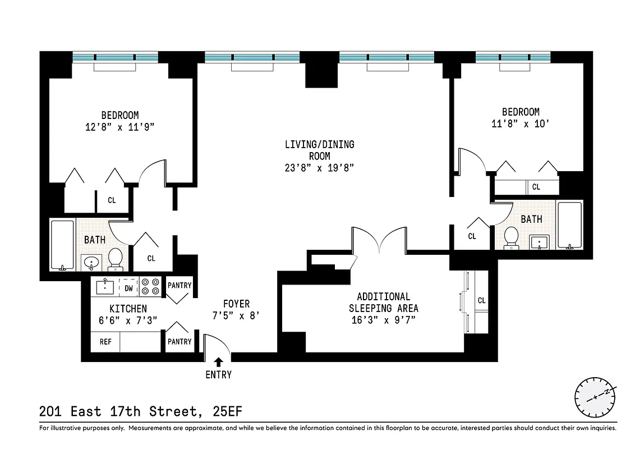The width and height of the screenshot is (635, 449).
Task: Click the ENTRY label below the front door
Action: pos(218,375)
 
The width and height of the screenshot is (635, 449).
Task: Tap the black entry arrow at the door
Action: pos(219,362)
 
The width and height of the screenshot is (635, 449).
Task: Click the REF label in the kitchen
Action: pos(105,341)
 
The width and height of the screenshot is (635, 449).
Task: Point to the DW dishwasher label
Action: pos(128,288)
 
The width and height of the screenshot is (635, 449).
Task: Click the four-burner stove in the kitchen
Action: pos(150,287)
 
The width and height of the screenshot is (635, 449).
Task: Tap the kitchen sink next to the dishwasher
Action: pos(105,287)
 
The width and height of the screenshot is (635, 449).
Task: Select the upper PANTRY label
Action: pos(180,286)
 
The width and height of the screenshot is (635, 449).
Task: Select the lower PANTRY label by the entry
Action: pos(180,341)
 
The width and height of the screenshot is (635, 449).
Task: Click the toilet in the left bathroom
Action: pos(115,258)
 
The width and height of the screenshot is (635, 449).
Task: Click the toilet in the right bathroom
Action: pos(511,237)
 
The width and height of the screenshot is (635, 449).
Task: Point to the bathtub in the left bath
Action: pos(62,245)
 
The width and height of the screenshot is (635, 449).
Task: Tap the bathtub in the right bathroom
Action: pos(570,225)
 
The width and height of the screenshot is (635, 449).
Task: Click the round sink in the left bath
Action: pos(90,262)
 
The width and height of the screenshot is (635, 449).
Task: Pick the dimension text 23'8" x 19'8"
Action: pos(319,168)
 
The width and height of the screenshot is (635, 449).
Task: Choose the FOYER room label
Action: pos(236,304)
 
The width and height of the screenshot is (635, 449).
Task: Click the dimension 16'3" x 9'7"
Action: pos(383,320)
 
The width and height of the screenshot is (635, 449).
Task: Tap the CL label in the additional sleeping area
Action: pos(481,301)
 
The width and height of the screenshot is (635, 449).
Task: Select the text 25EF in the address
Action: pos(228,411)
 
